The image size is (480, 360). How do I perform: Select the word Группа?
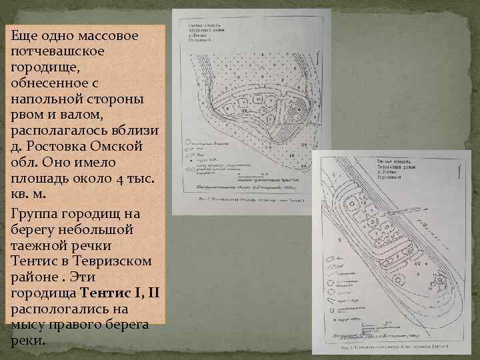tap(34, 213)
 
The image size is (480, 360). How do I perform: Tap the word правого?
tap(77, 325)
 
